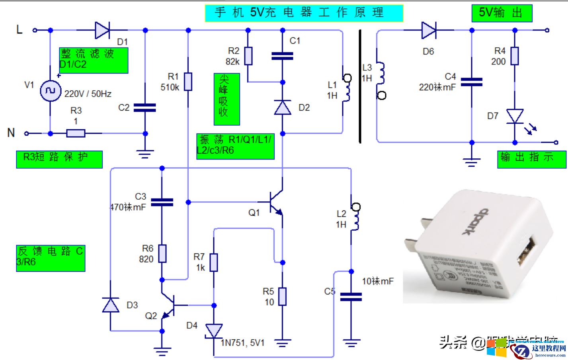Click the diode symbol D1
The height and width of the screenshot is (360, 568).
point(102,30)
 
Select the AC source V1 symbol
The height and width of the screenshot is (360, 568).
point(50,91)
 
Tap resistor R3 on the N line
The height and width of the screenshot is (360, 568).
point(76,134)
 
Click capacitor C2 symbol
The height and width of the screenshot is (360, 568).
point(145,107)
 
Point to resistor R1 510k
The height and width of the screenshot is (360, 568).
point(188,82)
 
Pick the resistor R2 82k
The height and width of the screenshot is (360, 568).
point(248,56)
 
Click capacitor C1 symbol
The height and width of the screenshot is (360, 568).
point(282,56)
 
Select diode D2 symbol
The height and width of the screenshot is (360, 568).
point(283,107)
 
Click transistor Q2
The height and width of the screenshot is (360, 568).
point(168,306)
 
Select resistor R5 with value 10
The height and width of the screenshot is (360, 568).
point(282,296)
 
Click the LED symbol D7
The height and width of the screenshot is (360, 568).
point(515,117)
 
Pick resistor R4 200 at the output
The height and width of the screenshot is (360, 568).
point(515,56)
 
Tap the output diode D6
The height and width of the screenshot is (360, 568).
point(429,30)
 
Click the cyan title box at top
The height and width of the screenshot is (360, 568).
point(304,13)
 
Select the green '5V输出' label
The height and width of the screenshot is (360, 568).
point(501,13)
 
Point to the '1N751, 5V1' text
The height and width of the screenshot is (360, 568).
point(243,342)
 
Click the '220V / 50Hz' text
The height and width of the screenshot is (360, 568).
point(88,94)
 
